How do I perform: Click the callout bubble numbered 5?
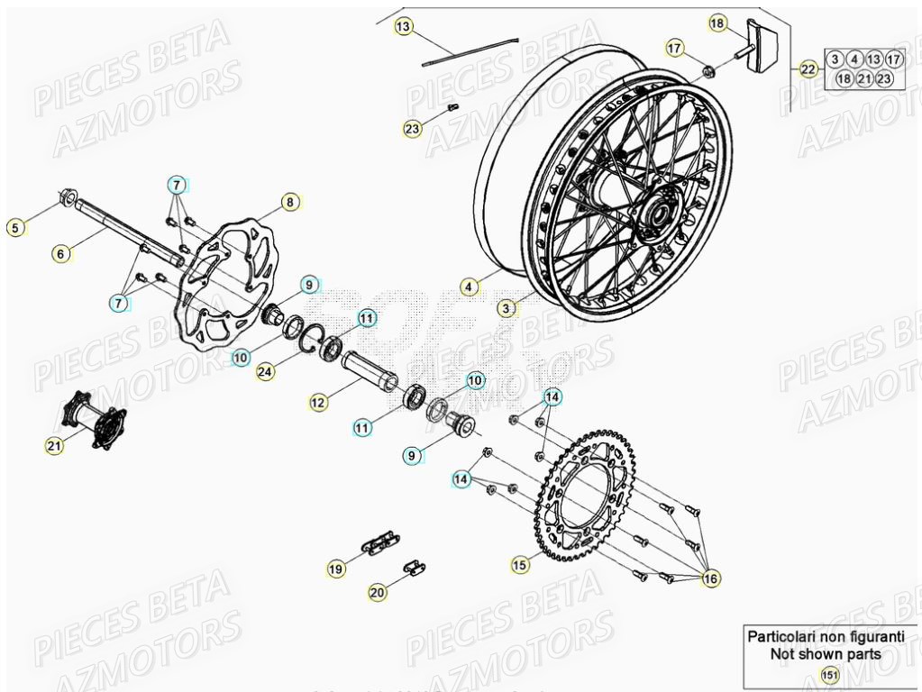[x=14, y=228]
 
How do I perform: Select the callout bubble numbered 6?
[x=60, y=254]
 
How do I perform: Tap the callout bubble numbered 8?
[x=289, y=202]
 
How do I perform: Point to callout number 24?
[x=264, y=372]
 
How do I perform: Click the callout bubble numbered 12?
[x=317, y=404]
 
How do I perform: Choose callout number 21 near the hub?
[x=55, y=444]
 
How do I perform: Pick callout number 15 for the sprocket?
[x=519, y=565]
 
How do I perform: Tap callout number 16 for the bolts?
[x=710, y=578]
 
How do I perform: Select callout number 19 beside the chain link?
[x=335, y=569]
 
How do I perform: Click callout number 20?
[x=378, y=592]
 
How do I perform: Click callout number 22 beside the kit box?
[x=808, y=68]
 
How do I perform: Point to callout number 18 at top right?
[x=717, y=23]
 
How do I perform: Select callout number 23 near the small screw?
[x=412, y=129]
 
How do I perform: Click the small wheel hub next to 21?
[x=94, y=421]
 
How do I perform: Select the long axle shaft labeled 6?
[x=126, y=236]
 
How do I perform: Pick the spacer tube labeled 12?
[x=370, y=369]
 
